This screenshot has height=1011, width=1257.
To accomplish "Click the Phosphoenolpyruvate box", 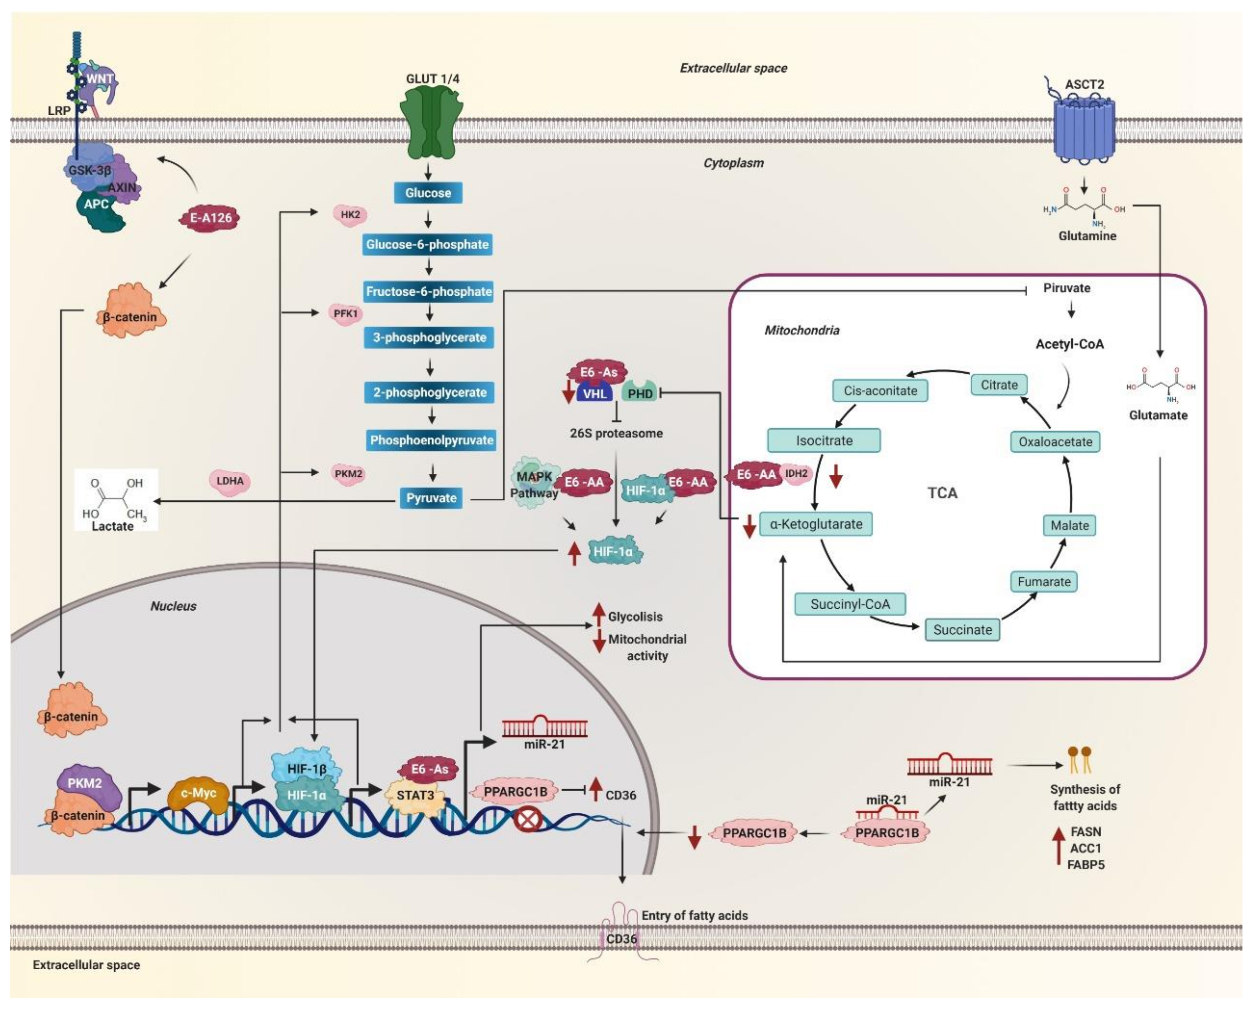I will pos(431,440).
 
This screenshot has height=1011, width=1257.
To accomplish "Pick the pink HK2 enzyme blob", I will pos(350,215).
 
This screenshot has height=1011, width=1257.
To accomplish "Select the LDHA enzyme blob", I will pos(230,481).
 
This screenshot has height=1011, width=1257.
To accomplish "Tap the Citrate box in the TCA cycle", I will pos(999,385).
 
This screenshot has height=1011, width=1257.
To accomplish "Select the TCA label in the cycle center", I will pos(942,493).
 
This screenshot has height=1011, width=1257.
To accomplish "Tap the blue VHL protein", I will pos(595,394).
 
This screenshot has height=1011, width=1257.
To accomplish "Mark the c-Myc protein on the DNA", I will pos(198,794).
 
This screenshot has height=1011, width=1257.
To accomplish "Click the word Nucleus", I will pos(173,606).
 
